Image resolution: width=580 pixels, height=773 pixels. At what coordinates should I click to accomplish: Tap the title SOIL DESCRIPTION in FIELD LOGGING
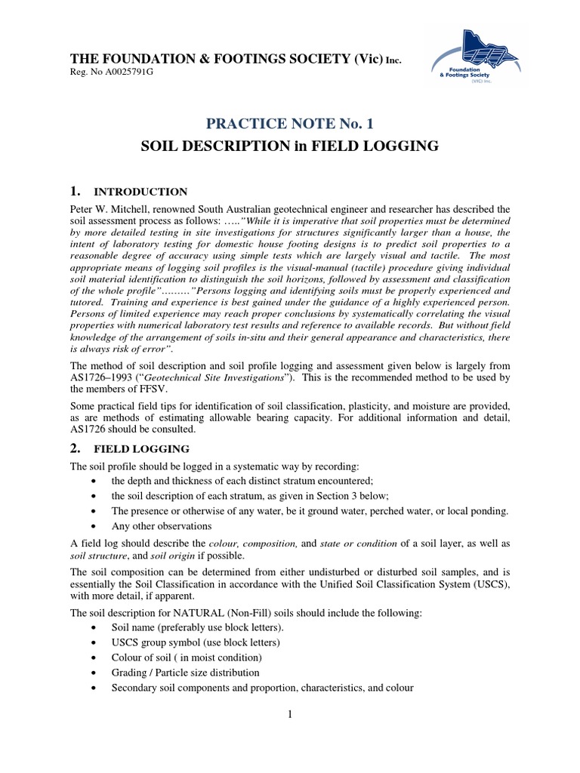click(x=290, y=146)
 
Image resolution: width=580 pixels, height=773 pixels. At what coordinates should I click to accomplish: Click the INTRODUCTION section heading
click(x=149, y=192)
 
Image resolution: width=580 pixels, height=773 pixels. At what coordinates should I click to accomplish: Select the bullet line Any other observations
click(x=162, y=525)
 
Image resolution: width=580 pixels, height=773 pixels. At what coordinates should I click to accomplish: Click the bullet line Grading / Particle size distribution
click(x=185, y=672)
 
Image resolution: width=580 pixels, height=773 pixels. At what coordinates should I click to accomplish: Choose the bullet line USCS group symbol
click(x=196, y=642)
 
